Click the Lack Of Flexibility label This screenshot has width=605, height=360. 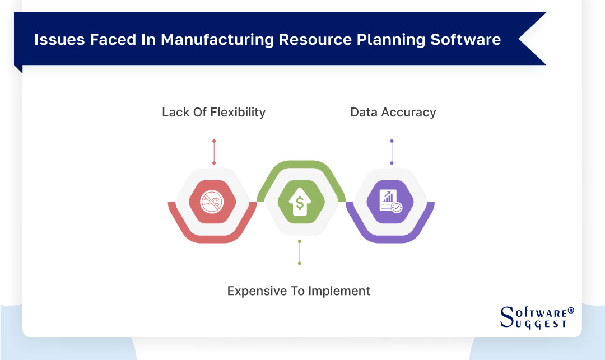point(213,112)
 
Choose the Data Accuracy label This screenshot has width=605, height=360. point(393,112)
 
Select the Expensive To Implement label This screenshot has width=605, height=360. point(299,291)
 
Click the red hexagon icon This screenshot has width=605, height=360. point(213,201)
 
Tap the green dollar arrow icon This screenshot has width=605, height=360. point(301,201)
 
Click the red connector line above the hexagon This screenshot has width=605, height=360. point(214,152)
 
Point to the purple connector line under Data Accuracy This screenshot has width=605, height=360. point(392,152)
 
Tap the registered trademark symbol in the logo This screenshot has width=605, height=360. point(571,310)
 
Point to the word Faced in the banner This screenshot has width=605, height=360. point(101,40)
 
